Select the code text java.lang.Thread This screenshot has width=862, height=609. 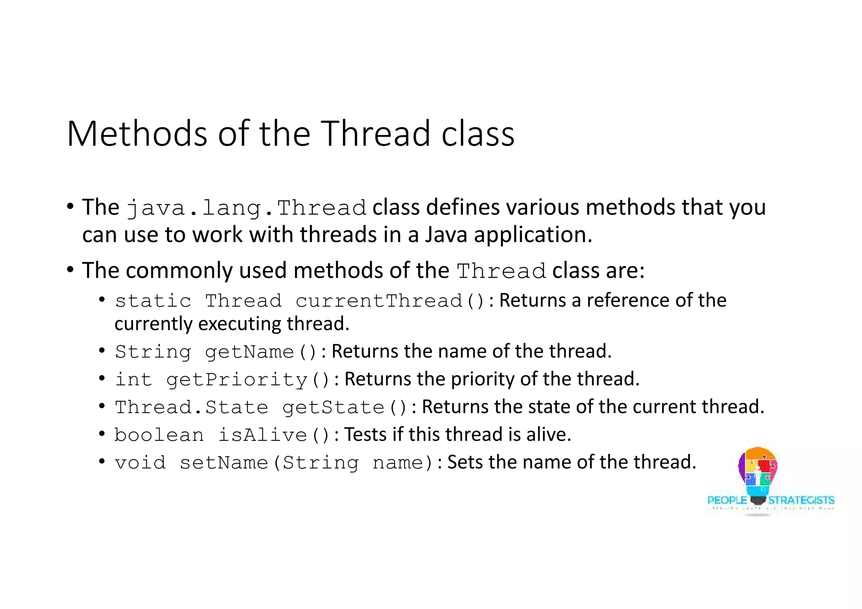point(246,208)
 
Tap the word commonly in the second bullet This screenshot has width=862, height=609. point(179,270)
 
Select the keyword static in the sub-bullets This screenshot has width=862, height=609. point(153,301)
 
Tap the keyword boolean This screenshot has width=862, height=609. point(159,435)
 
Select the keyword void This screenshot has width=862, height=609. point(140,463)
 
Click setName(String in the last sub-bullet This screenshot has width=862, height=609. point(269,463)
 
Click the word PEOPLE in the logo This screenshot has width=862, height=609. point(727,500)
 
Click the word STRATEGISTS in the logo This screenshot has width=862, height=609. point(801,500)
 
